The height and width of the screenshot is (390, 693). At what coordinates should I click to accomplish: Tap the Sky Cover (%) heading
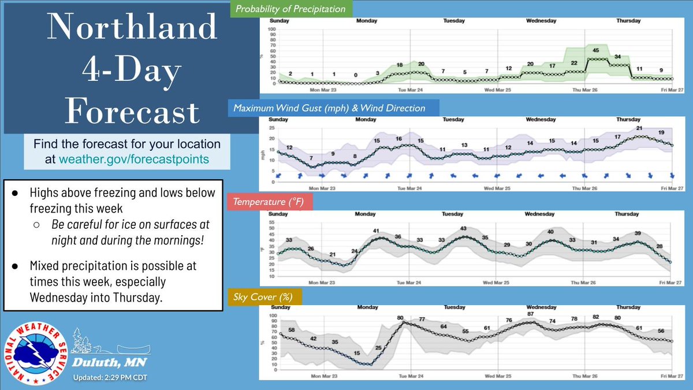tap(260, 296)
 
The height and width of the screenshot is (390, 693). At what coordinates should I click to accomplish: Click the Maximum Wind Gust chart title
tap(329, 107)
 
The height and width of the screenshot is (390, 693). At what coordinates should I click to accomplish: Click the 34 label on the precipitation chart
tap(617, 57)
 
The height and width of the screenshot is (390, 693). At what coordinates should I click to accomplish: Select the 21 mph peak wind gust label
tap(639, 128)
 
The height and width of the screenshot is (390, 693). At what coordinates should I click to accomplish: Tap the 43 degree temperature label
tap(463, 229)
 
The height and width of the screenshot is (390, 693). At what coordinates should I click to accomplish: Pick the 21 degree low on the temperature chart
tap(333, 255)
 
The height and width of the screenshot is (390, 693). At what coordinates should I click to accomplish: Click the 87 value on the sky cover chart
tap(530, 314)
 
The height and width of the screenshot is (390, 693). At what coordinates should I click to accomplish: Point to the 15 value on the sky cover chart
tap(357, 353)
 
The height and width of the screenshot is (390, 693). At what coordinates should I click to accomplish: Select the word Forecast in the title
tap(132, 112)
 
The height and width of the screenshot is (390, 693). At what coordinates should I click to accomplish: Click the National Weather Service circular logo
tap(35, 353)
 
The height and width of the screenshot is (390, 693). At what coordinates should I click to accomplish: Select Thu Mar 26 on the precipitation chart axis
tap(584, 90)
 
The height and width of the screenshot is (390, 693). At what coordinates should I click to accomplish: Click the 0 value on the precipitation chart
tap(356, 75)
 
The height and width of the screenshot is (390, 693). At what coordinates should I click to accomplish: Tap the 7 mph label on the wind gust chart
tap(311, 158)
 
